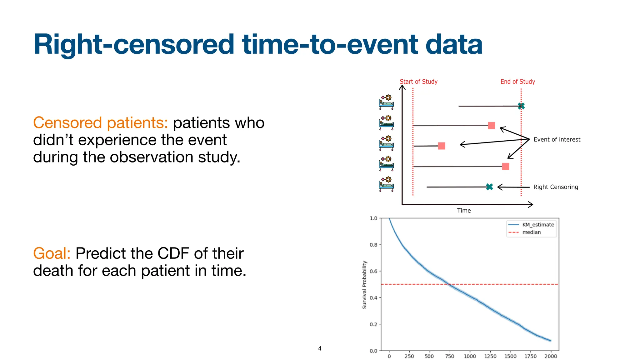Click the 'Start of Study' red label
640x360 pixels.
coord(418,82)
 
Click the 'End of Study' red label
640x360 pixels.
coord(517,82)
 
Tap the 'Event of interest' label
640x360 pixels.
coord(557,139)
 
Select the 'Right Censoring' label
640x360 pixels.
coord(555,187)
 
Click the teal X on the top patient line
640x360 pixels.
coord(521,106)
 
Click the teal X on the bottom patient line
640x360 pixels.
coord(489,187)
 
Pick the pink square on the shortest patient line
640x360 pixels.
coord(441,146)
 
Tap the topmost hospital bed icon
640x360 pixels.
coord(386,102)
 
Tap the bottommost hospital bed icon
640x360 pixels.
coord(386,184)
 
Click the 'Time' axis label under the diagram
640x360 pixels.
coord(464,211)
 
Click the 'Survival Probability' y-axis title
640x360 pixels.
coord(364,285)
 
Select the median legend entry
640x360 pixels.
coord(531,232)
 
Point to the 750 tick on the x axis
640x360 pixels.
coord(449,356)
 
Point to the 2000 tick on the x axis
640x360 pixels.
coord(550,356)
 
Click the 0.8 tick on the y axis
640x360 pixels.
coord(373,245)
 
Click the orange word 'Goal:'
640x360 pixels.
coord(52,253)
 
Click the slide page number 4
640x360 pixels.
coord(319,348)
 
